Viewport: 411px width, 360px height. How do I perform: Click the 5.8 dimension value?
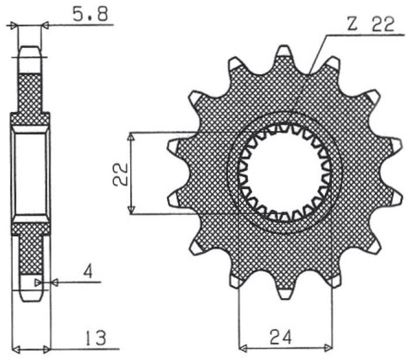pyautogui.click(x=89, y=15)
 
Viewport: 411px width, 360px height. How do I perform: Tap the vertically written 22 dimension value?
pyautogui.click(x=121, y=173)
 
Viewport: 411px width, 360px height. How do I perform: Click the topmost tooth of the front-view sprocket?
pyautogui.click(x=284, y=53)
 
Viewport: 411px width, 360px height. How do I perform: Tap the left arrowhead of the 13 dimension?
pyautogui.click(x=16, y=350)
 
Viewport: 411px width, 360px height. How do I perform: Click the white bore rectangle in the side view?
pyautogui.click(x=30, y=174)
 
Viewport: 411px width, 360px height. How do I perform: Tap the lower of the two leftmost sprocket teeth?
pyautogui.click(x=173, y=200)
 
